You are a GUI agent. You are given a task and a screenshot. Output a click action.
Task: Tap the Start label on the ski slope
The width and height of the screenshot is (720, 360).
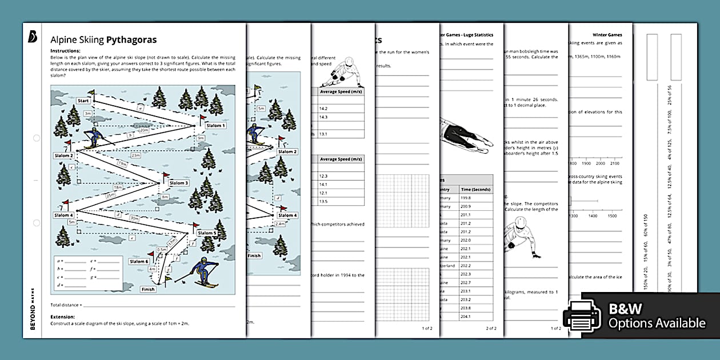(83, 101)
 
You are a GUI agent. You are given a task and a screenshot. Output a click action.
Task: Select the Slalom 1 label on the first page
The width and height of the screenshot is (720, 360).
(215, 126)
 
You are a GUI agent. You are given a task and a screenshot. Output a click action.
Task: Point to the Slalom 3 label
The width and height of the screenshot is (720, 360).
(178, 183)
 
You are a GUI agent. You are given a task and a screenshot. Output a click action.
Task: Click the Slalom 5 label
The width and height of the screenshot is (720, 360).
(207, 233)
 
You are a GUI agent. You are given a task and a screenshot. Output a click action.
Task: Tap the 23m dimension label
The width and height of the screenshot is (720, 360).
(135, 155)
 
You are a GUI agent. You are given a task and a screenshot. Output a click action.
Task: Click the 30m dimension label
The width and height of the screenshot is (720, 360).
(135, 218)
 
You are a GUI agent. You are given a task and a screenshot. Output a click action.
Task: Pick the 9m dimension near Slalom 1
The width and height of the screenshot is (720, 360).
(201, 138)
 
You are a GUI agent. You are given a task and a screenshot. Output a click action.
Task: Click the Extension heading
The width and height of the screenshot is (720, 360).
(63, 317)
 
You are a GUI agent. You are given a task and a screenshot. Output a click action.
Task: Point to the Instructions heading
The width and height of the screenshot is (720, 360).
(66, 51)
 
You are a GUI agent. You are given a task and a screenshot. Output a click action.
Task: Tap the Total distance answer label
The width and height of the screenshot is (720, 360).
(66, 305)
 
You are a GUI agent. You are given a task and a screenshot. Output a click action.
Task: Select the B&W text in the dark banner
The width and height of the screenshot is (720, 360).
(626, 309)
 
